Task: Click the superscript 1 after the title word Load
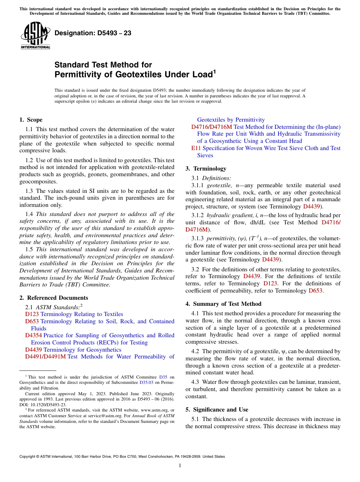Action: tap(214, 71)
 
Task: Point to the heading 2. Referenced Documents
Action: tap(54, 298)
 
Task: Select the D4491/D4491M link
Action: tap(45, 357)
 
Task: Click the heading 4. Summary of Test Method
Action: tap(223, 304)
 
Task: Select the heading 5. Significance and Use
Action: tap(217, 410)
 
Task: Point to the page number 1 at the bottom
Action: tap(180, 466)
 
